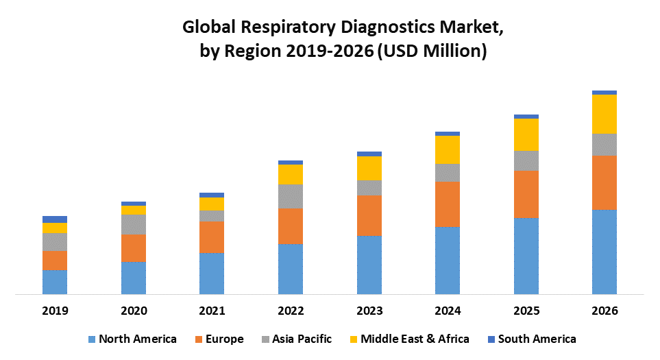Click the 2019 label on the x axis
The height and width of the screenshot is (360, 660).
point(55,311)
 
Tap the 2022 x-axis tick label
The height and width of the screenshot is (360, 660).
point(291,311)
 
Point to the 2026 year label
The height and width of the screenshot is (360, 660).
point(604,311)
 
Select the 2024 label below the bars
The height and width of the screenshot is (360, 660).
point(448,311)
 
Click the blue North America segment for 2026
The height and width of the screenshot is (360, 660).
point(604,252)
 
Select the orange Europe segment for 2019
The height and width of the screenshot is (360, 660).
point(55,260)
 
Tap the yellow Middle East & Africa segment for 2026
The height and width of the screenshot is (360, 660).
point(604,114)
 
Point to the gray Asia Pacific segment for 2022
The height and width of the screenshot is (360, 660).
point(291,196)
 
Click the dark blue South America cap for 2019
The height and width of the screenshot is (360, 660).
point(55,219)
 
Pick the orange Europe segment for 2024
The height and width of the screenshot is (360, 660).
point(448,204)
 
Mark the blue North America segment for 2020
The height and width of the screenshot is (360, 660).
point(134,278)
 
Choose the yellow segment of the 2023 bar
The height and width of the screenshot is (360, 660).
point(369,168)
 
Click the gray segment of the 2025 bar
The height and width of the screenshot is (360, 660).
point(526,160)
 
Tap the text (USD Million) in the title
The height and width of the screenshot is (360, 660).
point(432,51)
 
